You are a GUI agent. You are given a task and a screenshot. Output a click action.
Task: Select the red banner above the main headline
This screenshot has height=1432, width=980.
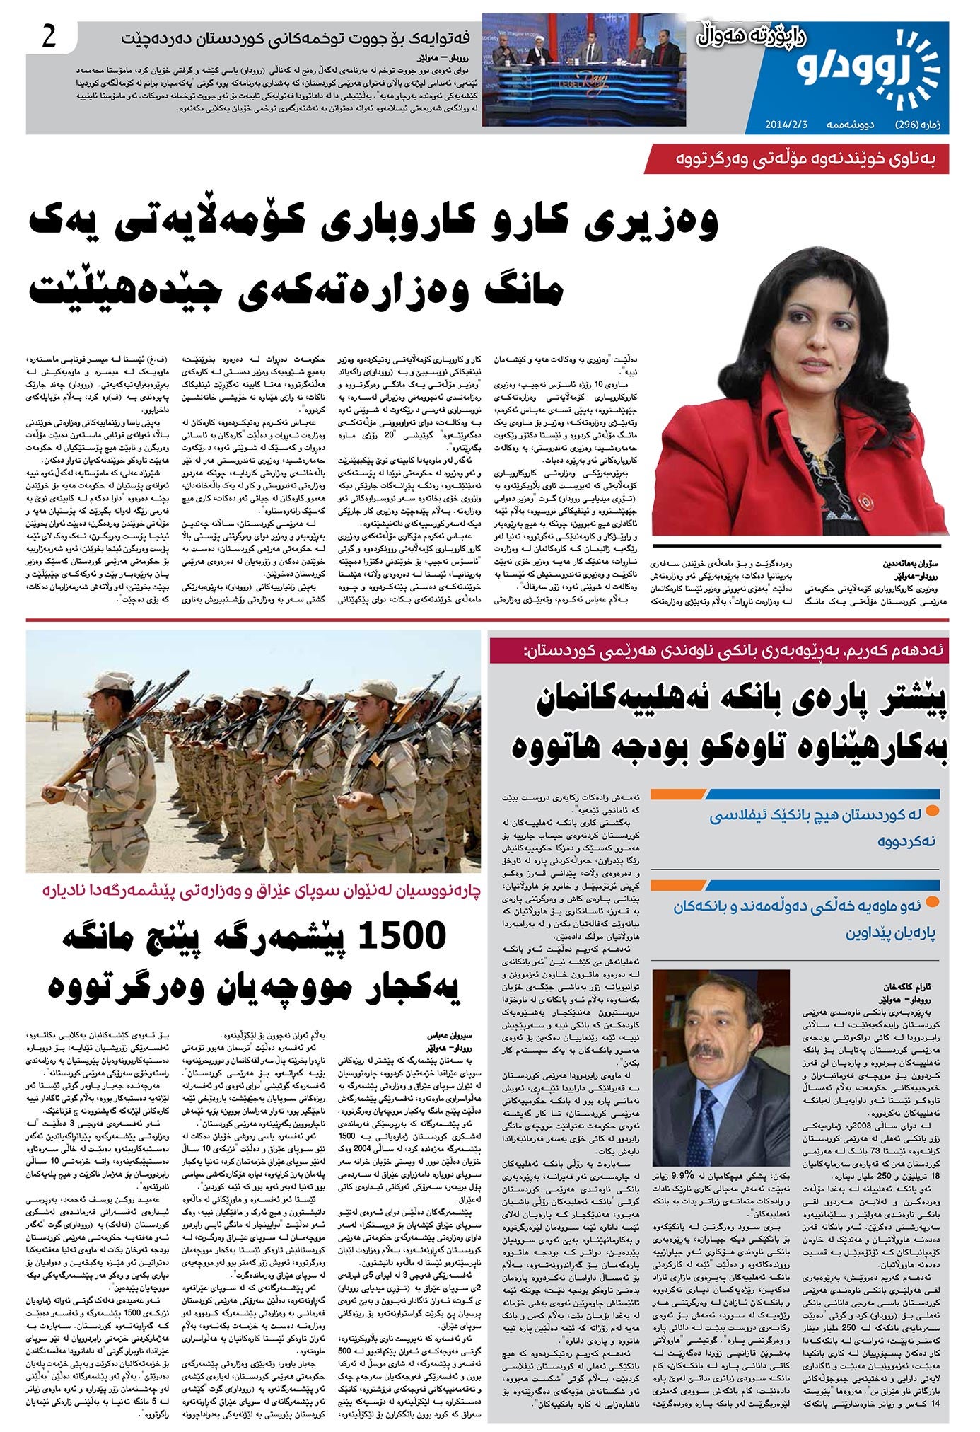pos(796,159)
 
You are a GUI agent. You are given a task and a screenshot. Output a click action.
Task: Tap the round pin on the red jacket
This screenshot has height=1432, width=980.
pos(863,502)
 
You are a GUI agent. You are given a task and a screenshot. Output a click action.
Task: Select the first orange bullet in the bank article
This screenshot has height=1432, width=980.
pos(931,811)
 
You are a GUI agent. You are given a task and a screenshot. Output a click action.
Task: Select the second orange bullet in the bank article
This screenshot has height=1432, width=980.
pos(931,901)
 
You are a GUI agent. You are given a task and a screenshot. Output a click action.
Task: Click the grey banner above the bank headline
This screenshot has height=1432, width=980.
pos(718,649)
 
